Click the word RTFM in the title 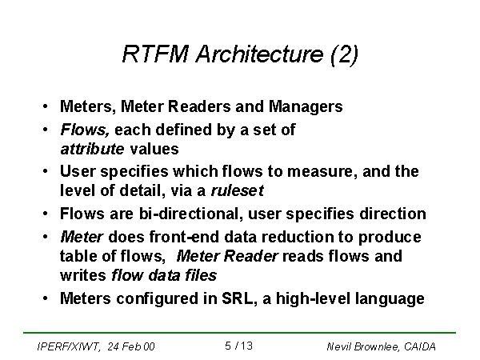(x=155, y=54)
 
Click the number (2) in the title (x=344, y=54)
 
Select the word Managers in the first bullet (x=306, y=106)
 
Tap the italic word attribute (x=93, y=149)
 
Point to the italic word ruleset (x=238, y=190)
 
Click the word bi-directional (x=189, y=214)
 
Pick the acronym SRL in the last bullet (x=236, y=298)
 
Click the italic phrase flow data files (x=164, y=275)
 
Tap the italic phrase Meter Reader (x=227, y=256)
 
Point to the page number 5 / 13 (x=238, y=346)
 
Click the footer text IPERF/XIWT (x=67, y=346)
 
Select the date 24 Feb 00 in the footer (x=131, y=346)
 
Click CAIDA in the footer (x=419, y=346)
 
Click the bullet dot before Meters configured (x=45, y=298)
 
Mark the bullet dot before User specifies (x=45, y=171)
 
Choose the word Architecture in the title (x=259, y=54)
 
